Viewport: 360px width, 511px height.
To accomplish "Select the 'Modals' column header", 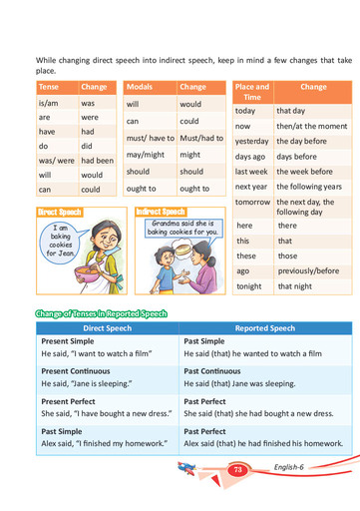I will click(x=140, y=87).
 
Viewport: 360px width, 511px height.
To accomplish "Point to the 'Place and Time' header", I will click(x=250, y=92).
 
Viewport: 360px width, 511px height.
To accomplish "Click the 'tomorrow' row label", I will click(x=252, y=202).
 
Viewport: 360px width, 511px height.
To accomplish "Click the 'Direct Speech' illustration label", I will click(x=59, y=213).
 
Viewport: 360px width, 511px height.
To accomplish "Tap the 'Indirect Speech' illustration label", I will click(x=162, y=212).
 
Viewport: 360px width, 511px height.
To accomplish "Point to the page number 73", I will click(x=237, y=470).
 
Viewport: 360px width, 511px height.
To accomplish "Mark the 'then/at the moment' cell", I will click(x=312, y=127).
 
